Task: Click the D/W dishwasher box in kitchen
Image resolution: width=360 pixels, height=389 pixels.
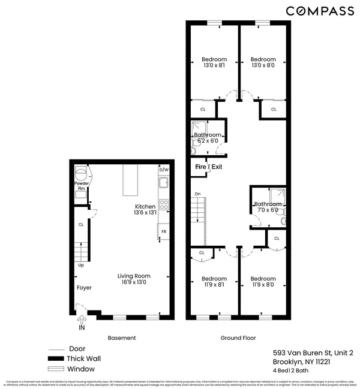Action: [163, 170]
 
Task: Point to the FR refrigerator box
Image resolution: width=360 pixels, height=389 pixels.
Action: [163, 231]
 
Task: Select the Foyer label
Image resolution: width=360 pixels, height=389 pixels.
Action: [84, 288]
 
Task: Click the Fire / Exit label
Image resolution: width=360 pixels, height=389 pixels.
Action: [208, 166]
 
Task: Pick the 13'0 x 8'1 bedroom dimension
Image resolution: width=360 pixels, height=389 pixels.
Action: [214, 67]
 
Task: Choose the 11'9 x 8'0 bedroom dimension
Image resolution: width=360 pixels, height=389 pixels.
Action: [263, 286]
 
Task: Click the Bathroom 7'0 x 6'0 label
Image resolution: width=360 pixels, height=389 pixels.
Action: [267, 207]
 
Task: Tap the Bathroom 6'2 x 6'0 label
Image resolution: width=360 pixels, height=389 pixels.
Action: [207, 138]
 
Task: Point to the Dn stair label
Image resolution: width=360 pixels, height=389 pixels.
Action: [197, 194]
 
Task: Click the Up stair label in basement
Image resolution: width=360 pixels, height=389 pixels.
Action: [80, 265]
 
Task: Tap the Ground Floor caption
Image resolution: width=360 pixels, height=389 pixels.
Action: [238, 338]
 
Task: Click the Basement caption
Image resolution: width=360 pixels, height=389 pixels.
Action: [122, 338]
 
